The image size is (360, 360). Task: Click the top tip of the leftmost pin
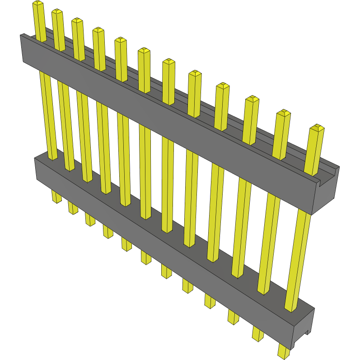click(37, 4)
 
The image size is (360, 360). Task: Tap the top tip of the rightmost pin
click(318, 128)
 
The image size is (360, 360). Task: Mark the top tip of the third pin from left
click(77, 21)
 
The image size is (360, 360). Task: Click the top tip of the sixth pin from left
click(144, 51)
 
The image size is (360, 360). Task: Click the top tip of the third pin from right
click(252, 99)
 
